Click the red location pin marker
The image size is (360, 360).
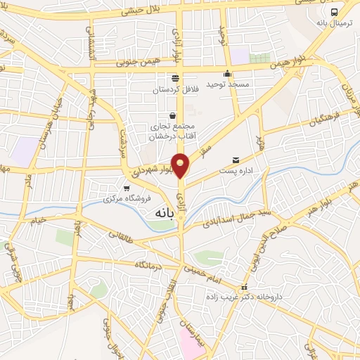(x=181, y=165)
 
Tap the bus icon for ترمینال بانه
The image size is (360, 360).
(x=334, y=12)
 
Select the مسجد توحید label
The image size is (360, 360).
(x=227, y=84)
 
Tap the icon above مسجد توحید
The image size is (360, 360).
(x=227, y=73)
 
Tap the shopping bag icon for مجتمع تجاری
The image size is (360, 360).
(x=172, y=116)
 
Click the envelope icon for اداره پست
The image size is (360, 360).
(x=235, y=160)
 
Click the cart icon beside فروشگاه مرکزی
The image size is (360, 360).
(x=126, y=188)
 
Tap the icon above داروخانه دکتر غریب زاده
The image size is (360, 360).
(x=244, y=287)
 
